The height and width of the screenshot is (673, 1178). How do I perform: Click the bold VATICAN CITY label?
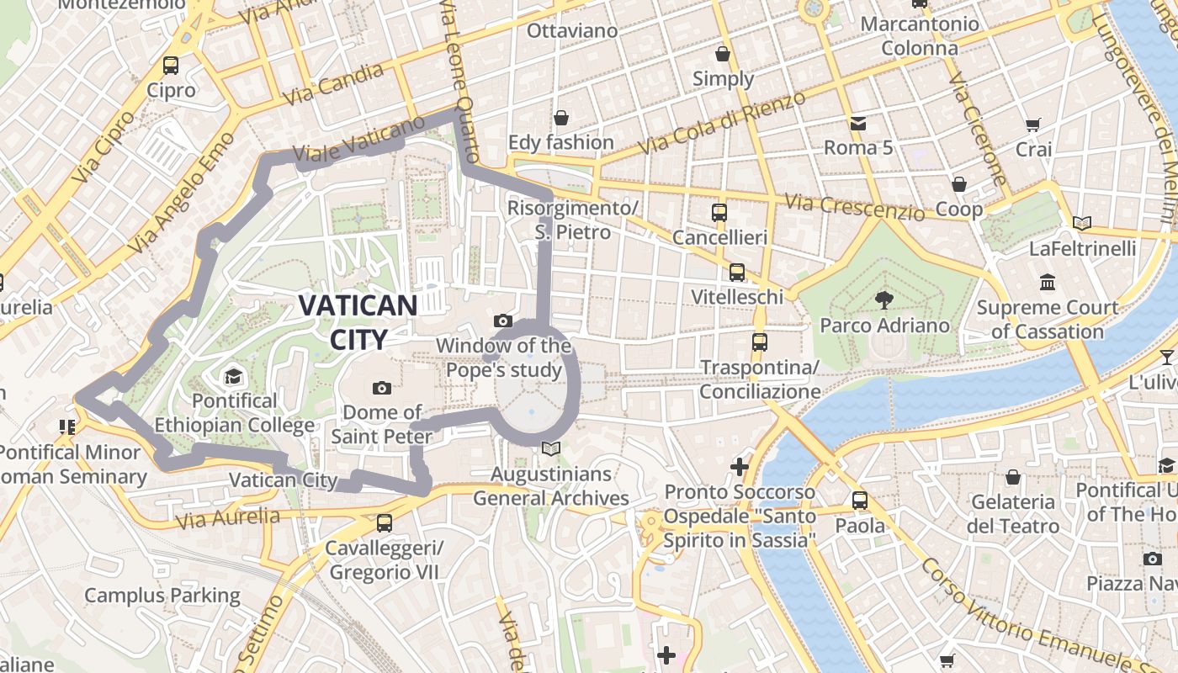click(358, 322)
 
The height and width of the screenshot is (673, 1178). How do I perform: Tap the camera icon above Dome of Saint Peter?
click(381, 388)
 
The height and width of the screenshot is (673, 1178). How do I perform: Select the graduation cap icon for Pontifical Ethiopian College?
click(233, 376)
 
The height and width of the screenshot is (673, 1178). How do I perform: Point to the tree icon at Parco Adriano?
click(883, 300)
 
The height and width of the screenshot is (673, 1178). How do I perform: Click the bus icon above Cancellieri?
click(719, 213)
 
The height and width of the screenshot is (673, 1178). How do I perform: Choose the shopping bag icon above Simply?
click(722, 55)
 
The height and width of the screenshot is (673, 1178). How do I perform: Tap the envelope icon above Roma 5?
click(857, 124)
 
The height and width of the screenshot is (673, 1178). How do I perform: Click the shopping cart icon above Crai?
click(1032, 125)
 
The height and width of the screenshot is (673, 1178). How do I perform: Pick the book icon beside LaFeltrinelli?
click(1082, 224)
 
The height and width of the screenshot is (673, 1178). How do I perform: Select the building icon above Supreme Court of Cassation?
click(1048, 282)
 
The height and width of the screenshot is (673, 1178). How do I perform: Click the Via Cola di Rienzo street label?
click(721, 123)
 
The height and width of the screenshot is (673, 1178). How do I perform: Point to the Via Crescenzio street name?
click(853, 207)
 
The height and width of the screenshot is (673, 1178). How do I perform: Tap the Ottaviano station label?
click(572, 31)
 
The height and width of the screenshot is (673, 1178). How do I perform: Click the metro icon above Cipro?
click(171, 65)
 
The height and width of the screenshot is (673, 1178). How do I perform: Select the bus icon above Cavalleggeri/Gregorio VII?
click(385, 522)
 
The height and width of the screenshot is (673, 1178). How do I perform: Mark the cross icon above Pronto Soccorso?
click(740, 466)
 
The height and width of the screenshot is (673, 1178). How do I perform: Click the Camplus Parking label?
click(162, 596)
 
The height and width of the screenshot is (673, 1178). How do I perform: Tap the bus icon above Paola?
click(859, 500)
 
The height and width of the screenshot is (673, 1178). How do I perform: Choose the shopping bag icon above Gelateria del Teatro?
click(1012, 477)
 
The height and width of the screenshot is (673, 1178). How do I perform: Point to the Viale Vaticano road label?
click(359, 140)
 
